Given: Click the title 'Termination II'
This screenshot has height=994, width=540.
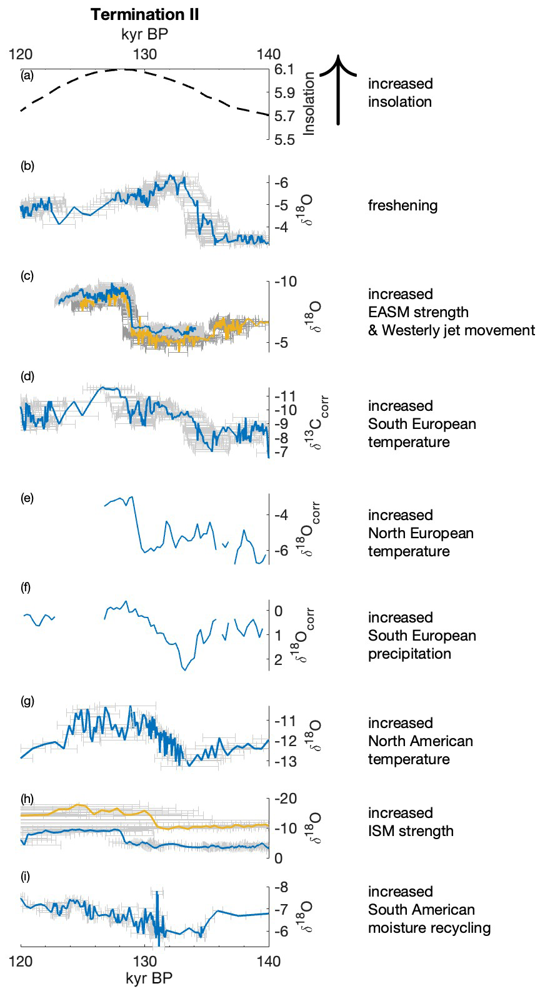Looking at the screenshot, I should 144,15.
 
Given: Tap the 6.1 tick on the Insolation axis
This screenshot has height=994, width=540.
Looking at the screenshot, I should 284,69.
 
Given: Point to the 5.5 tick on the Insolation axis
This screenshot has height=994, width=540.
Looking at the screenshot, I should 284,140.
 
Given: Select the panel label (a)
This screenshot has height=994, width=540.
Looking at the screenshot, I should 27,76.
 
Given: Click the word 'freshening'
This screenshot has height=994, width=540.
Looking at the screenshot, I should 402,205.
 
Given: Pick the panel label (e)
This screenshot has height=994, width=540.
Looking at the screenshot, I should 27,498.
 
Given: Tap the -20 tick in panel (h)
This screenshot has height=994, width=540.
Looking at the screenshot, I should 286,799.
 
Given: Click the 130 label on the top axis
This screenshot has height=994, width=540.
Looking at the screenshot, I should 144,54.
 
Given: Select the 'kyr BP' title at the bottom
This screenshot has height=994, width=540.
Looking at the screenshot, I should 149,978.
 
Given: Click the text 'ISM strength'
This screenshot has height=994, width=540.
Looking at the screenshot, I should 411,831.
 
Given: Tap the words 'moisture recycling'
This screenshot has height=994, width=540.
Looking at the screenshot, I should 429,928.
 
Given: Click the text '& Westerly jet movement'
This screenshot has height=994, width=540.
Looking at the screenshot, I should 451,330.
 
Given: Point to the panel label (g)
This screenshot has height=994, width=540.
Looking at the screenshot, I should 27,701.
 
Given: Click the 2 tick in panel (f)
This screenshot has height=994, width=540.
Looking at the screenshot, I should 279,659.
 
